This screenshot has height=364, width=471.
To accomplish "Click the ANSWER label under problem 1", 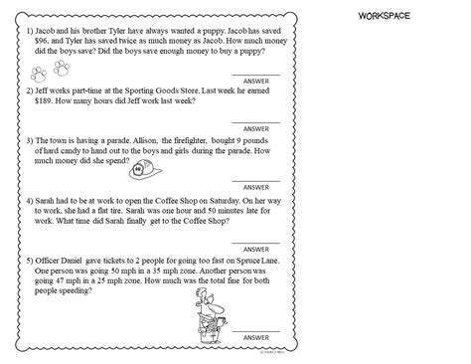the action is click(x=255, y=83).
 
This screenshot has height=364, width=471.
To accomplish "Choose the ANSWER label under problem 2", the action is click(x=255, y=128).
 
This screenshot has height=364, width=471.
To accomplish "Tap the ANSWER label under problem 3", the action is click(x=255, y=186).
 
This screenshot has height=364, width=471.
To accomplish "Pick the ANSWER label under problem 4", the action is click(x=255, y=248).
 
